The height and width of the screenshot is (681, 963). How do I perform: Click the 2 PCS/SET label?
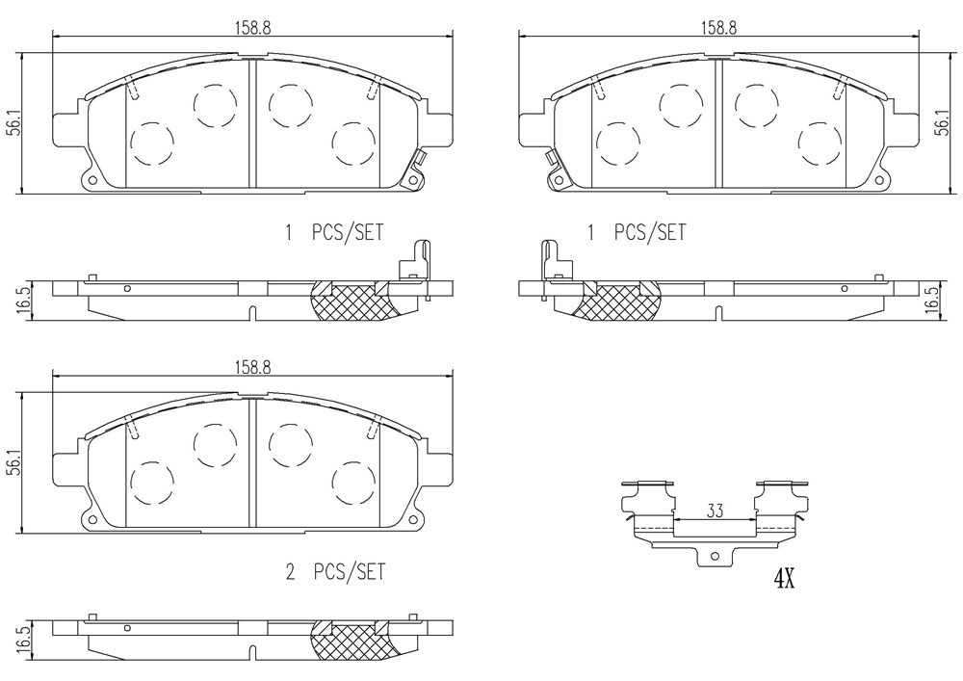336,572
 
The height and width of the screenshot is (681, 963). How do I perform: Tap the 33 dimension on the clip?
715,511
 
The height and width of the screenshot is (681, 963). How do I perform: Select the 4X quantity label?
784,578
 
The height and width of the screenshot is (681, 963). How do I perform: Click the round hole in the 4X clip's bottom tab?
715,557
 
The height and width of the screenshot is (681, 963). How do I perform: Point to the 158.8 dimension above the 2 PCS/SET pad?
251,367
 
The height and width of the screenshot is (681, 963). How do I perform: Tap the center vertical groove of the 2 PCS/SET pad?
251,461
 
